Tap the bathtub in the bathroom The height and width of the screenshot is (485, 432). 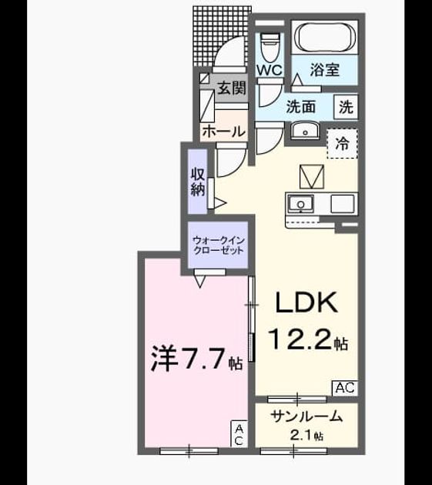pos(325,37)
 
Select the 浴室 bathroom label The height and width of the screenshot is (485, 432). pos(325,70)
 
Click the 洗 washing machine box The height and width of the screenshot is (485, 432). pos(346,107)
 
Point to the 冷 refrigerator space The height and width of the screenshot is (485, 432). pos(343,144)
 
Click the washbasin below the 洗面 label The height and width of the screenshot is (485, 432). pos(305,132)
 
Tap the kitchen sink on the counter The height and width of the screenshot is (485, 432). pos(300,204)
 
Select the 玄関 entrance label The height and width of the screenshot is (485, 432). pos(232,89)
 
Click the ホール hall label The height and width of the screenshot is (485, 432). pos(224,132)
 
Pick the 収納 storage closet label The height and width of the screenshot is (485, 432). pos(198,182)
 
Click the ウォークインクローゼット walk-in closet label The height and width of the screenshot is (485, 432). pos(219,245)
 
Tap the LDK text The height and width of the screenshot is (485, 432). pos(306,303)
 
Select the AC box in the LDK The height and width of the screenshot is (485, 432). pos(345,387)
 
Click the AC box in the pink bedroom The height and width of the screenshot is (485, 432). pos(239,434)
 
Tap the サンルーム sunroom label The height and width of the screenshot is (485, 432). pos(306,416)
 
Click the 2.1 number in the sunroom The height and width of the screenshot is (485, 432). pos(301,436)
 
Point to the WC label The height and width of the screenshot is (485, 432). pos(270,70)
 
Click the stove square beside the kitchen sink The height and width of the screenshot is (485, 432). pos(343,204)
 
